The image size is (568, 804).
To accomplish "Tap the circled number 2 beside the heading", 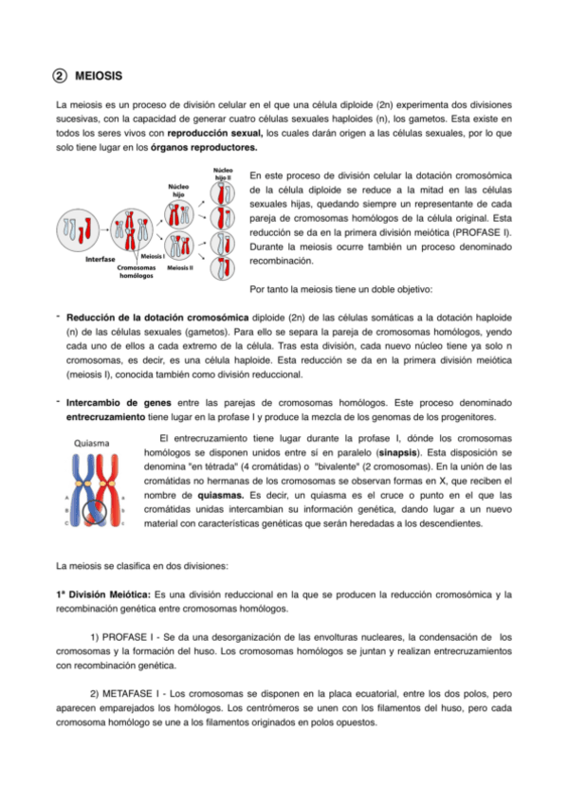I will pos(59,75).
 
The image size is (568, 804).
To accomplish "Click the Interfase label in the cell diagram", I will pos(100,258).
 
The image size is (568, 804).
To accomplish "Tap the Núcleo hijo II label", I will pos(223,174).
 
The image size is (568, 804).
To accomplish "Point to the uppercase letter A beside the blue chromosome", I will pos(66,497).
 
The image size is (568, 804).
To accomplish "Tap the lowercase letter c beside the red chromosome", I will pos(122,522).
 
